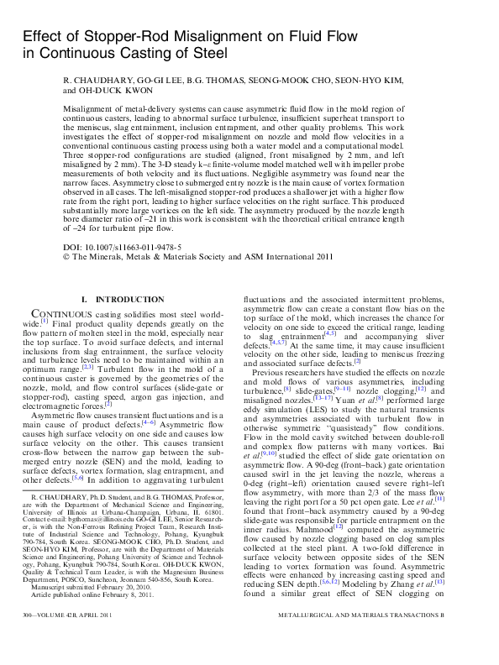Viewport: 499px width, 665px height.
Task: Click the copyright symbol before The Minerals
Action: [67, 258]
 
